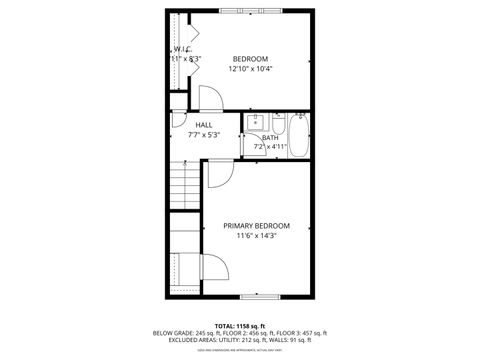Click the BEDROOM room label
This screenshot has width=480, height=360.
pos(251,58)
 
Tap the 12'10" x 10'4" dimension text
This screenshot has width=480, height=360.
pos(251,69)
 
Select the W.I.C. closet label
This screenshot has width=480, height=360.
pos(183,49)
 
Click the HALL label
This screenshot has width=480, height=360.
pos(203,125)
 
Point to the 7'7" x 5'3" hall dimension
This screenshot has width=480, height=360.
pos(203,135)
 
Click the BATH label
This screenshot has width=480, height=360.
pos(270,138)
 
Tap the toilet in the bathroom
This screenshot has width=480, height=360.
pos(275,123)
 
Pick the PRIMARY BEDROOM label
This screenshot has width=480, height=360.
pos(257,226)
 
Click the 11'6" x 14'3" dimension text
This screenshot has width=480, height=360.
pos(257,237)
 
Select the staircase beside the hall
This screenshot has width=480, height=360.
pos(184,186)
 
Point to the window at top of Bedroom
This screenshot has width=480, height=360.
pos(250,10)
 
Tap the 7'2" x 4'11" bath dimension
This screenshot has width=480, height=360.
pos(270,148)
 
